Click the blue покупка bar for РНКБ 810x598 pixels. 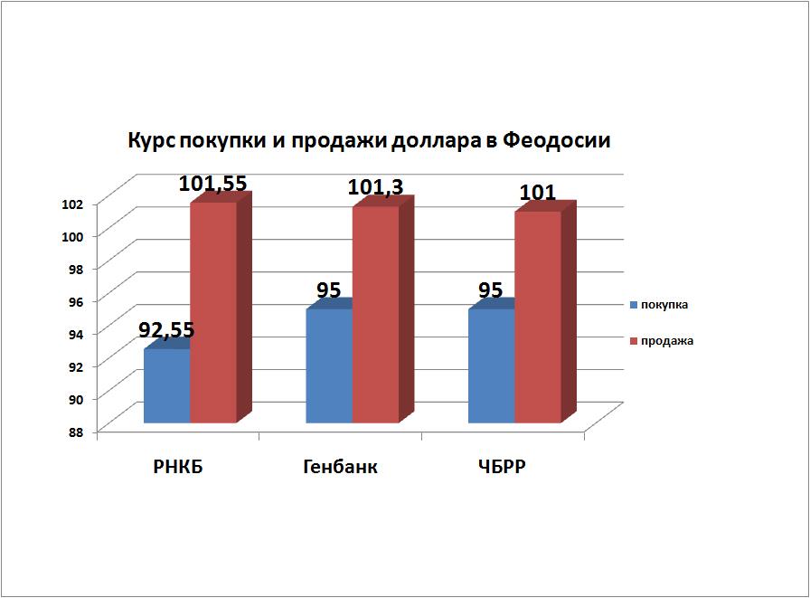pos(167,386)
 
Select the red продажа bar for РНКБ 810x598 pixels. pos(213,312)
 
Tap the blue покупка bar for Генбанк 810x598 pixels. pos(330,366)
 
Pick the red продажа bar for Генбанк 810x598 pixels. pos(376,314)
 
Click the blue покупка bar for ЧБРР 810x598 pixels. pos(492,366)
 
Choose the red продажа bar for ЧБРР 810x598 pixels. pos(538,317)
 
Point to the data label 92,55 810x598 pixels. pos(167,330)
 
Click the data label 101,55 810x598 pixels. pos(212,184)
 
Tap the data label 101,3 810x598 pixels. pos(375,187)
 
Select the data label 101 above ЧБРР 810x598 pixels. pos(537,193)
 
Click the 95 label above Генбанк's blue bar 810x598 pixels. pos(329,290)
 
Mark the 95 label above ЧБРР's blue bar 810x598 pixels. pos(492,290)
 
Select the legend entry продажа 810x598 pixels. pos(666,341)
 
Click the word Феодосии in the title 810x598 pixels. pos(558,142)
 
